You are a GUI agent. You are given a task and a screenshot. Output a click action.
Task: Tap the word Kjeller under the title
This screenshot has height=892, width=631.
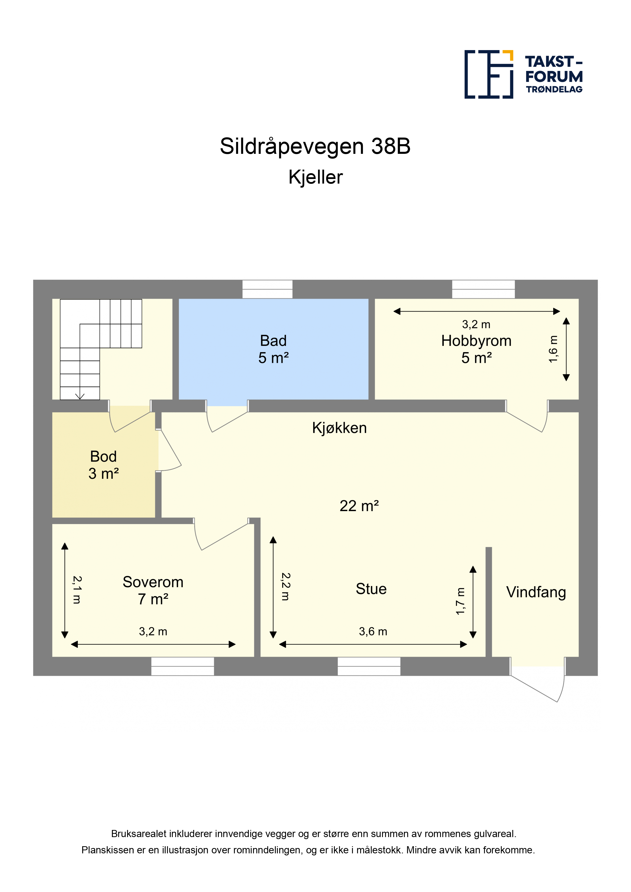click(315, 177)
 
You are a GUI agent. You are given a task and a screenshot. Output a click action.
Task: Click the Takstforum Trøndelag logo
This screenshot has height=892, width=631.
click(523, 74)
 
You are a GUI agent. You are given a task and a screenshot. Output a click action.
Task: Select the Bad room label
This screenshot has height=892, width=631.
click(273, 341)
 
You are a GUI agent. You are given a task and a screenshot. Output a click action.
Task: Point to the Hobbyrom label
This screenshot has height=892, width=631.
click(476, 341)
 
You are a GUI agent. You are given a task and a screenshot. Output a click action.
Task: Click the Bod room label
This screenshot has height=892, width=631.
click(103, 456)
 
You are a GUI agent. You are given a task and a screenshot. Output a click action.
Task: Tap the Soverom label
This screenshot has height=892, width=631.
click(153, 582)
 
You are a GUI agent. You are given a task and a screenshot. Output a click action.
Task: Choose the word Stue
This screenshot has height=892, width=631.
click(371, 589)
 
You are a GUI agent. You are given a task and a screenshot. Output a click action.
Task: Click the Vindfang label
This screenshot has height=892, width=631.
click(536, 592)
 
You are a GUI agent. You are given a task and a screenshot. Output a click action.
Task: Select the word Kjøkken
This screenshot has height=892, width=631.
click(339, 428)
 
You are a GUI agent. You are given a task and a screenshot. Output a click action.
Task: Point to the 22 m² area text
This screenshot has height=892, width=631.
click(359, 506)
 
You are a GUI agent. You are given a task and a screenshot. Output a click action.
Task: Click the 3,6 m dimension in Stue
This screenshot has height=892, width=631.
click(373, 632)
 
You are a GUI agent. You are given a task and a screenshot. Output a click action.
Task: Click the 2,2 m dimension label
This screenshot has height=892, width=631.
click(286, 587)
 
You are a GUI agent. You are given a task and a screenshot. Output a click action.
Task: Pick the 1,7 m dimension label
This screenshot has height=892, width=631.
click(460, 601)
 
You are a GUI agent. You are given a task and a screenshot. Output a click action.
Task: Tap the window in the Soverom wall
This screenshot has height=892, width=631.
click(182, 666)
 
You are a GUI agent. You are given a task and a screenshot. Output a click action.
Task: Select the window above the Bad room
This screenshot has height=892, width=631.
click(267, 289)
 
